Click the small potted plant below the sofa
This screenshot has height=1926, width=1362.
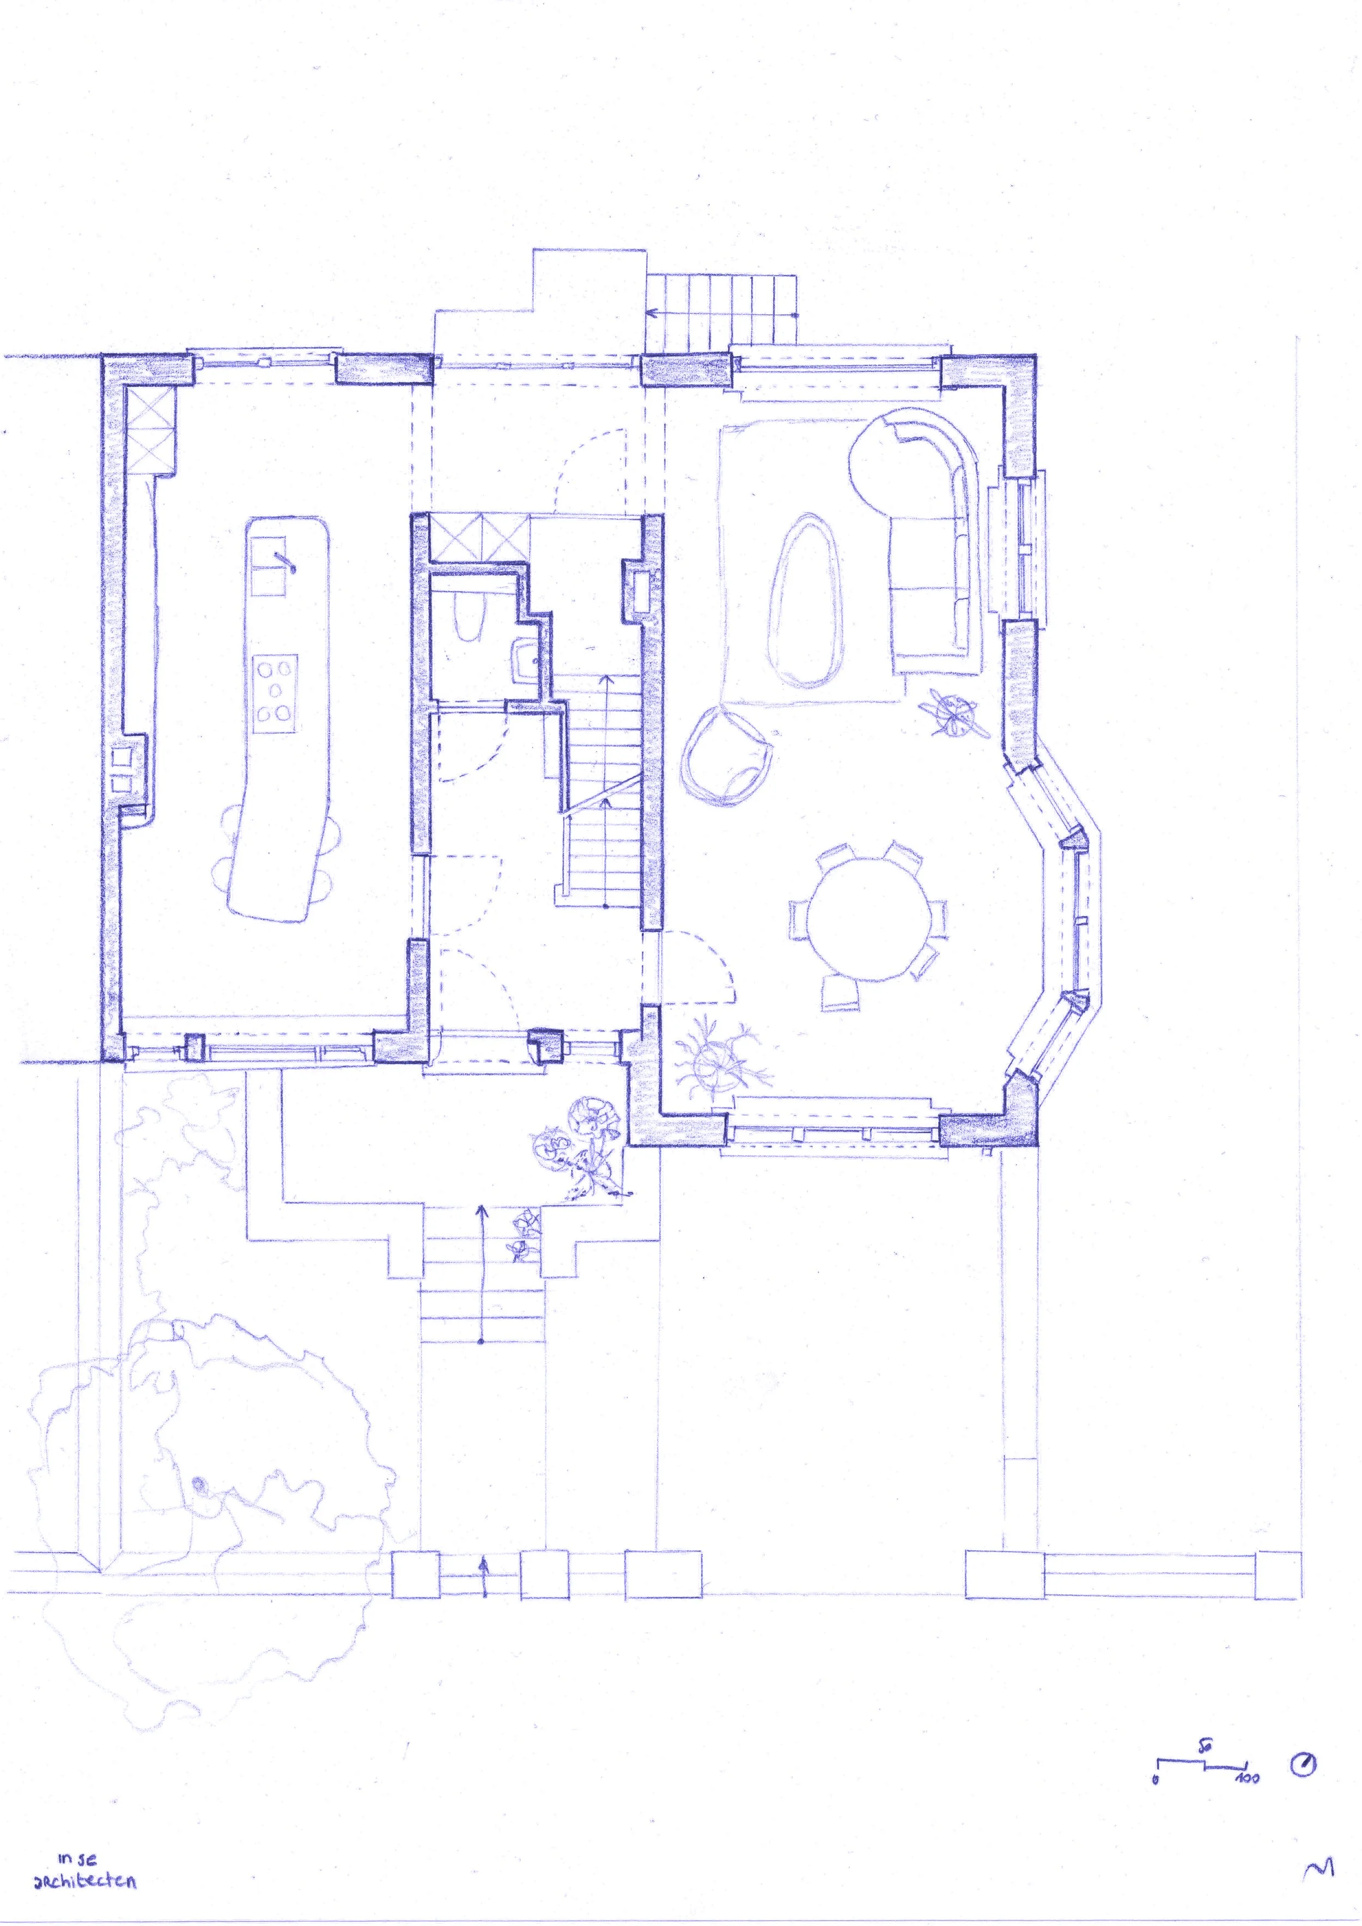coord(954,713)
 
